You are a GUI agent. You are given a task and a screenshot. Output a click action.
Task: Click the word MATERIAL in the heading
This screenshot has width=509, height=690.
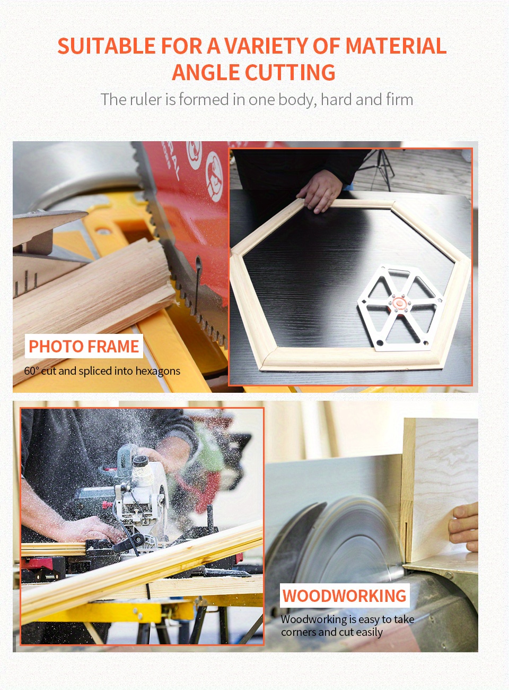(396, 47)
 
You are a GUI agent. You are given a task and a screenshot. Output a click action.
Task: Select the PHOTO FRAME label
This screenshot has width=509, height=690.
(84, 347)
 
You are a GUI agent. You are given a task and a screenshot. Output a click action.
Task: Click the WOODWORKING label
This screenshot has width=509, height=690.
(344, 596)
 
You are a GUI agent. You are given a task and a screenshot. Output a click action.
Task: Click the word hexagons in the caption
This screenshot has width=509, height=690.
(157, 372)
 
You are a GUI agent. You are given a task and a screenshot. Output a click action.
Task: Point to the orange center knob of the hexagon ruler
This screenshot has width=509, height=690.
(399, 304)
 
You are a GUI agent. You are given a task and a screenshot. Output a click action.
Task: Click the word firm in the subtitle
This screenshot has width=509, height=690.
(399, 100)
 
